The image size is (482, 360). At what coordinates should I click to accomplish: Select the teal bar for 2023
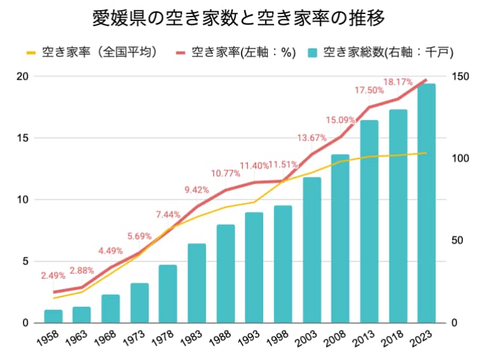click(x=426, y=203)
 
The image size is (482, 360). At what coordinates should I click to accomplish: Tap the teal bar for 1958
click(x=53, y=316)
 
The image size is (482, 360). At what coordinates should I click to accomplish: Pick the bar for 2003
click(x=311, y=250)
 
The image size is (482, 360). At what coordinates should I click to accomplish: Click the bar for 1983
click(x=197, y=283)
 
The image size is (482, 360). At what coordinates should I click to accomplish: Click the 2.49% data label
click(x=53, y=276)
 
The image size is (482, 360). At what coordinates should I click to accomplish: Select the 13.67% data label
click(x=311, y=138)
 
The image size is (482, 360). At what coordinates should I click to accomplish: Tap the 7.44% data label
click(x=168, y=214)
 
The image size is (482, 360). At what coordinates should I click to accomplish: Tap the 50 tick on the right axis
click(x=457, y=241)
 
